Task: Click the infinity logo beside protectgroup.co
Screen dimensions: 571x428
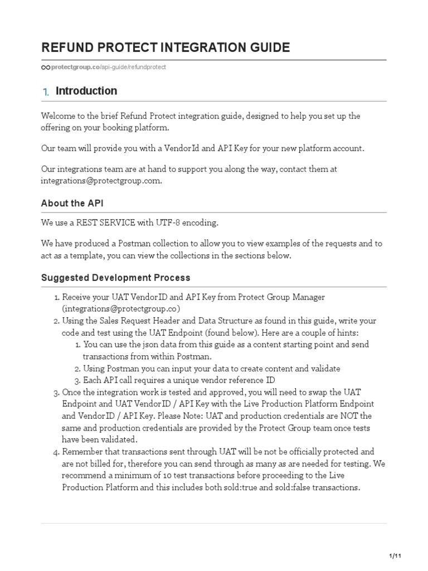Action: pos(46,67)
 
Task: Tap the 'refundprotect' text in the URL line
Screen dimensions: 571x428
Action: pos(147,67)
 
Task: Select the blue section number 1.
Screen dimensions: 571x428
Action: pos(46,92)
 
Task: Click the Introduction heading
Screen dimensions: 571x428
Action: pos(86,91)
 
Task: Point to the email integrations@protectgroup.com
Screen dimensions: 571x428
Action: pos(101,181)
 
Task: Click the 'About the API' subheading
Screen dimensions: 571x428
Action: pos(72,204)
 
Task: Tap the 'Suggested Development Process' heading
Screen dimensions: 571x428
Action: pos(115,278)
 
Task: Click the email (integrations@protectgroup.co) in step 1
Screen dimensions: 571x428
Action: pos(121,308)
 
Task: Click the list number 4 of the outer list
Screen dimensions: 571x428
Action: pos(56,452)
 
